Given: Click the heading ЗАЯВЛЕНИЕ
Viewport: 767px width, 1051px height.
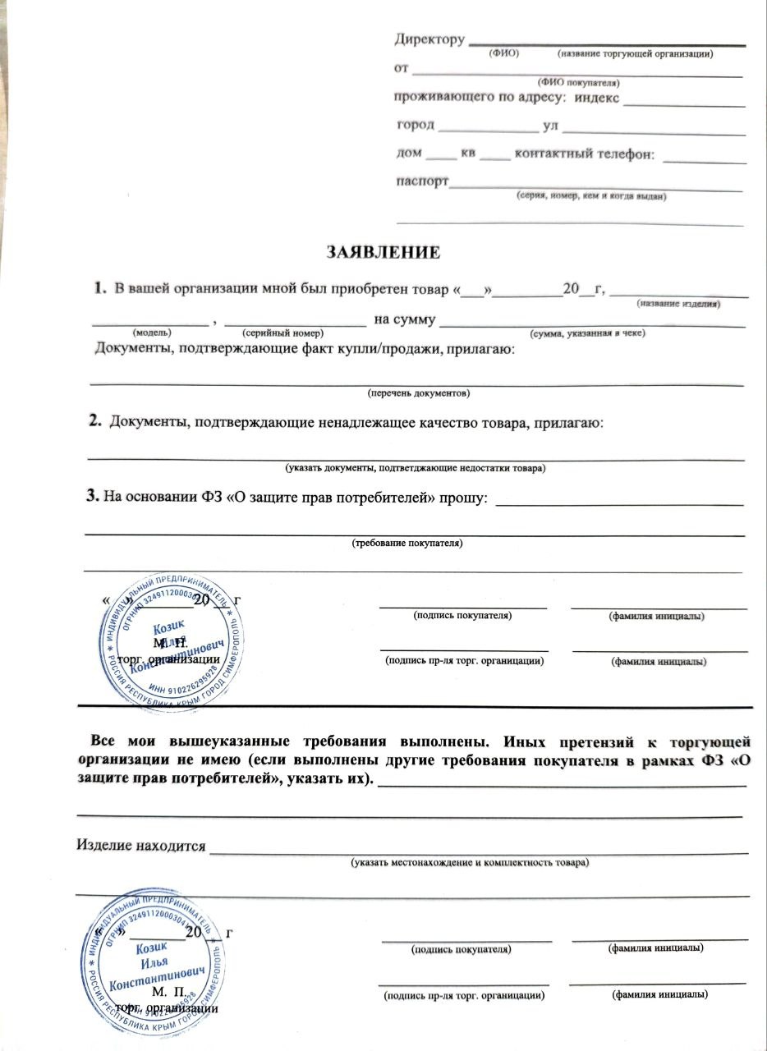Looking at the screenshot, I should coord(383,252).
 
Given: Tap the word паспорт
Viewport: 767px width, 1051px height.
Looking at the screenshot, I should coord(422,182).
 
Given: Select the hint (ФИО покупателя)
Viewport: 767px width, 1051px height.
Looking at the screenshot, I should coord(578,83).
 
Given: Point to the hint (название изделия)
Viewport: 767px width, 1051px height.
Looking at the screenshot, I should coord(679,304).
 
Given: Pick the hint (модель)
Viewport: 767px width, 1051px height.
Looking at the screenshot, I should coord(152,333).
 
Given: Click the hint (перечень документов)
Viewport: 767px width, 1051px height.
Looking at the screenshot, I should coord(418,393).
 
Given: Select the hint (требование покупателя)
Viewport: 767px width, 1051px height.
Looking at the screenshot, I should coord(407,544).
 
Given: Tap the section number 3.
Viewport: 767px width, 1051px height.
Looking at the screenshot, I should coord(92,497).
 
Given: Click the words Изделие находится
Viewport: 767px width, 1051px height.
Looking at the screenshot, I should coord(140,845).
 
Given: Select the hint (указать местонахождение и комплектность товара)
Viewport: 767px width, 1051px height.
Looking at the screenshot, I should coord(469,863).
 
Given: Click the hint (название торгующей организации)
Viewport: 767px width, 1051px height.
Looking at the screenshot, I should coord(635,53).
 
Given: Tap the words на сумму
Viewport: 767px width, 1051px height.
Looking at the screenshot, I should coord(404,319).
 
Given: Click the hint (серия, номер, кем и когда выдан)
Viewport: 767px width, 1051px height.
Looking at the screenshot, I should coord(590,197).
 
